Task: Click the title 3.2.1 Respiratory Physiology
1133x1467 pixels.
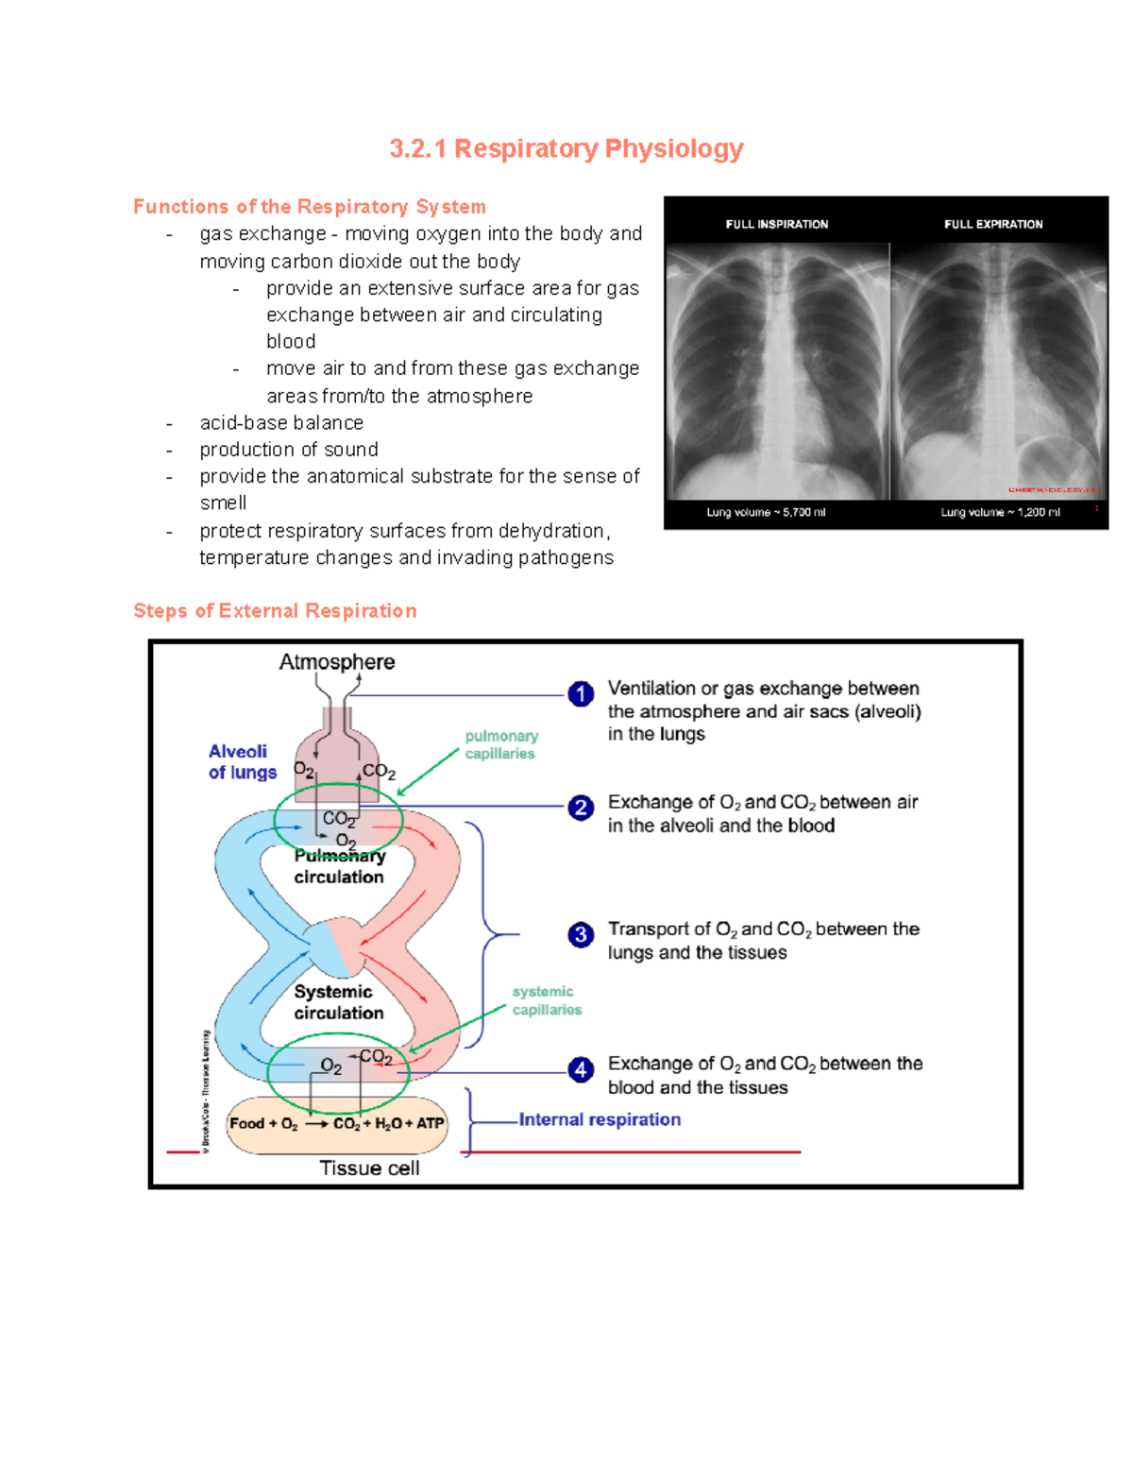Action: click(566, 148)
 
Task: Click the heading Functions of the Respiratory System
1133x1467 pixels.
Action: click(309, 207)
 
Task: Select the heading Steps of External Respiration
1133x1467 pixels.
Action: click(275, 611)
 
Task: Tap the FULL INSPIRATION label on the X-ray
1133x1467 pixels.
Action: click(776, 224)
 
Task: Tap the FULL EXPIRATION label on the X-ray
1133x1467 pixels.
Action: click(993, 224)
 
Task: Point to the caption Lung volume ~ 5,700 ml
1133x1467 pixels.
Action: click(766, 512)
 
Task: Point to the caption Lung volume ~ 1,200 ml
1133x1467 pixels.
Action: click(1000, 512)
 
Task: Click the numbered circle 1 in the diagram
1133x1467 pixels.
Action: click(581, 694)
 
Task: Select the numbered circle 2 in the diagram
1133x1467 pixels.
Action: click(581, 808)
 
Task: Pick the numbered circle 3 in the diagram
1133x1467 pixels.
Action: click(581, 934)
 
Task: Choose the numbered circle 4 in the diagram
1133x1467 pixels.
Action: click(581, 1069)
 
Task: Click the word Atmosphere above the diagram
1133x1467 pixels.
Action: click(336, 662)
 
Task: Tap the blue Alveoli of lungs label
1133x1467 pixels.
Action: click(242, 761)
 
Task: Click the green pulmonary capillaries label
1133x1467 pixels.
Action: click(500, 744)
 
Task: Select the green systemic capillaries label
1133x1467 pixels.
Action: click(547, 1000)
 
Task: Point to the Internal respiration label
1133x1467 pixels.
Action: click(600, 1119)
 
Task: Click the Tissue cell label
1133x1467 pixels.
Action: click(369, 1168)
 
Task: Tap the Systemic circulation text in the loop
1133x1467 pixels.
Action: click(338, 1002)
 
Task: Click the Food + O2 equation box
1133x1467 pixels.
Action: click(337, 1124)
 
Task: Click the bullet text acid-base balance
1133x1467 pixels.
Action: click(281, 423)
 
